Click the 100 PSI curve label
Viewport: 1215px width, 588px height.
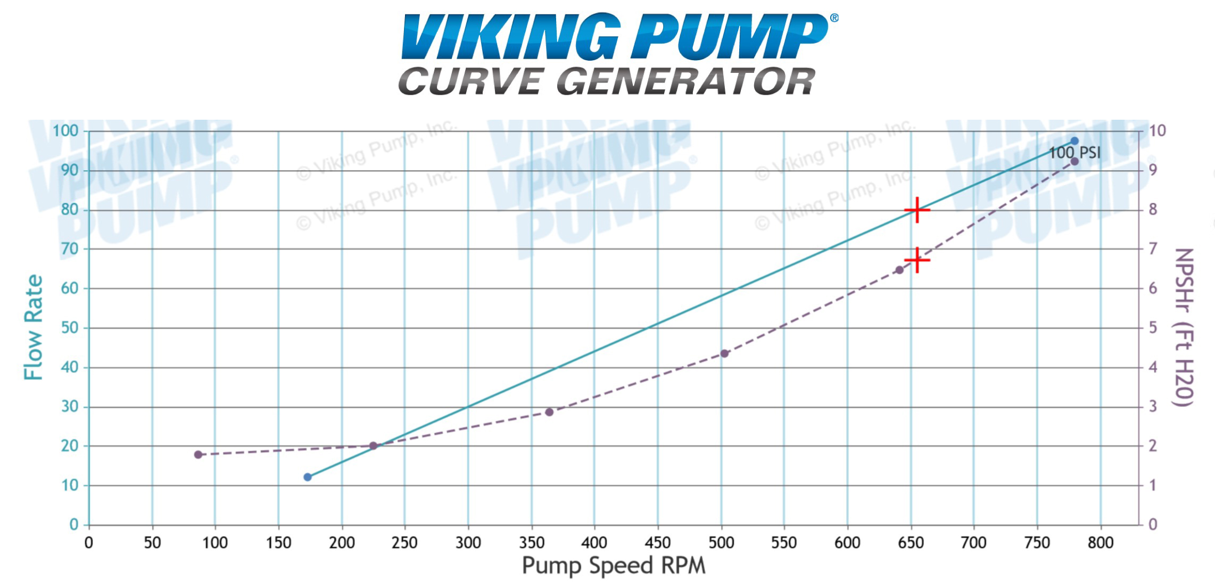pyautogui.click(x=1074, y=153)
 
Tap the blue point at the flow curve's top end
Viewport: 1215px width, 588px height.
pyautogui.click(x=1075, y=141)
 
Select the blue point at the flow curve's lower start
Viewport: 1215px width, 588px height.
pyautogui.click(x=308, y=477)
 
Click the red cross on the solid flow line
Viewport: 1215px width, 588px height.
pyautogui.click(x=917, y=210)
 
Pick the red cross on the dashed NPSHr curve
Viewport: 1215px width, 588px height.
pyautogui.click(x=917, y=260)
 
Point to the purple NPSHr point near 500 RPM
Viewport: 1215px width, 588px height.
pyautogui.click(x=724, y=354)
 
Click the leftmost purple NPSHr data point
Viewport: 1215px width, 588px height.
pyautogui.click(x=198, y=455)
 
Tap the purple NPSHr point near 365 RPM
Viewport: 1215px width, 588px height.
pyautogui.click(x=549, y=412)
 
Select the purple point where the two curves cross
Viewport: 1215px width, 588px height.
pyautogui.click(x=373, y=446)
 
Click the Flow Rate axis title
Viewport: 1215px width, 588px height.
pyautogui.click(x=34, y=327)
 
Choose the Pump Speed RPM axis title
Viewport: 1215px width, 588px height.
pyautogui.click(x=613, y=565)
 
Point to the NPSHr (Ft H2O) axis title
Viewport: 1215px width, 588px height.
pyautogui.click(x=1184, y=327)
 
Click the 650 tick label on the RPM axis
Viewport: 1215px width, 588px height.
pyautogui.click(x=911, y=543)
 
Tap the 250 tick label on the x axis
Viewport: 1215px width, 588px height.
pyautogui.click(x=404, y=543)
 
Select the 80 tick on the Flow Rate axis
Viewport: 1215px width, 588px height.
pyautogui.click(x=70, y=210)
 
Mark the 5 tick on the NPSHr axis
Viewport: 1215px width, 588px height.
pyautogui.click(x=1153, y=328)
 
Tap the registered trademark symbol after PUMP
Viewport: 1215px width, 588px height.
pyautogui.click(x=834, y=18)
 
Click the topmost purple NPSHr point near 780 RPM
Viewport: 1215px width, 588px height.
pyautogui.click(x=1075, y=161)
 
